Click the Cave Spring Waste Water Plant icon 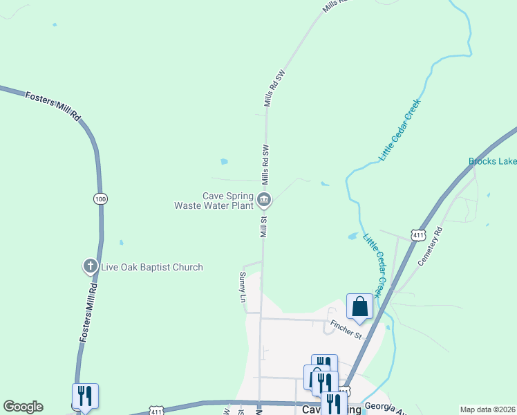coord(264,201)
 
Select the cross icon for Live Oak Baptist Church coord(90,266)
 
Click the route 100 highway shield coord(101,199)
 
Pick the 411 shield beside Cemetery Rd coord(417,235)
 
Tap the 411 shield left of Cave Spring coord(158,411)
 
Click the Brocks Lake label coord(492,162)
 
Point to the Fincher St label coord(346,331)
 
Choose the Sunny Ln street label coord(243,287)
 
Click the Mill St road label coord(263,226)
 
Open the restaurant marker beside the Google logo coord(85,397)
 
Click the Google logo coord(23,407)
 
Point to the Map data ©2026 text coord(487,409)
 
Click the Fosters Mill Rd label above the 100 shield coord(53,106)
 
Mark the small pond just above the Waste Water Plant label coord(224,162)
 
